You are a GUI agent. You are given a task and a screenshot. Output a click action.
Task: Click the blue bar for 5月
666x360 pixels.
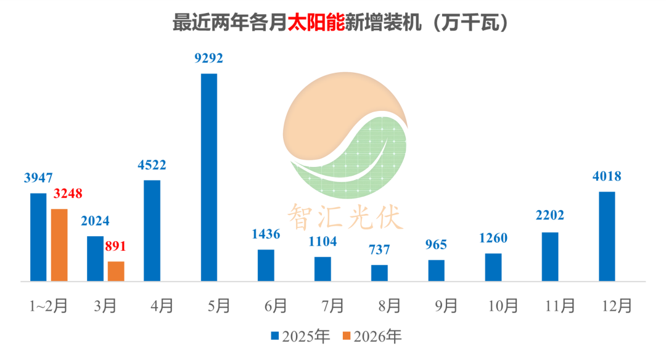click(209, 178)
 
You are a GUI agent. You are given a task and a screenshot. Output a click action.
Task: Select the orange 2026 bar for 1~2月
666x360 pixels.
click(59, 245)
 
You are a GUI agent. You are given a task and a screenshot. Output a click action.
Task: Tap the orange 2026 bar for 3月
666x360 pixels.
click(116, 271)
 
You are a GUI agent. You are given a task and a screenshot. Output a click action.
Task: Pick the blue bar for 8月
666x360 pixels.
click(379, 273)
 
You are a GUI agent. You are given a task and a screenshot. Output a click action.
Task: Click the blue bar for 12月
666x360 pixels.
click(607, 237)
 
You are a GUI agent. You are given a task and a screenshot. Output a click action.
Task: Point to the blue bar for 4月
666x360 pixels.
click(152, 231)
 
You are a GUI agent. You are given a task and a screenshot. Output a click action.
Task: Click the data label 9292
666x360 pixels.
click(208, 59)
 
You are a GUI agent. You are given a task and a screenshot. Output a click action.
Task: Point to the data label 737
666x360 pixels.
click(380, 251)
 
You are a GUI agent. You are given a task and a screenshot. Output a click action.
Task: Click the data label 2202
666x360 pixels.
click(550, 216)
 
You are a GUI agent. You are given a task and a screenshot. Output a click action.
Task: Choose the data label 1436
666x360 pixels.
click(266, 234)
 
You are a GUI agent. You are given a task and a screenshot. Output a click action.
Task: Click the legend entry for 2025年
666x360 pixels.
click(300, 336)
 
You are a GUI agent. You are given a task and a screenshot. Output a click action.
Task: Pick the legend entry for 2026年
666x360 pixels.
click(372, 336)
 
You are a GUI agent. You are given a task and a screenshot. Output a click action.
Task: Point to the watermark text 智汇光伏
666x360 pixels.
click(344, 216)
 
